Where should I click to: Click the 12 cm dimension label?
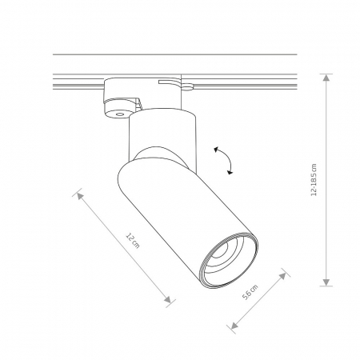pyautogui.click(x=133, y=241)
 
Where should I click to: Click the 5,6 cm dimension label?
pyautogui.click(x=250, y=292)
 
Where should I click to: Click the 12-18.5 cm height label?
pyautogui.click(x=314, y=180)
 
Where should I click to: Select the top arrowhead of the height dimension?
pyautogui.click(x=326, y=78)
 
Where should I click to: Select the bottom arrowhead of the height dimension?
pyautogui.click(x=326, y=282)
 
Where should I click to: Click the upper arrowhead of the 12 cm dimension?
pyautogui.click(x=80, y=196)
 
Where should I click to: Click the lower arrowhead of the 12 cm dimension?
pyautogui.click(x=167, y=299)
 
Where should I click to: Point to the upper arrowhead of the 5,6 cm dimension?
pyautogui.click(x=282, y=276)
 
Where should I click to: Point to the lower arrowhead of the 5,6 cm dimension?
pyautogui.click(x=234, y=325)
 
